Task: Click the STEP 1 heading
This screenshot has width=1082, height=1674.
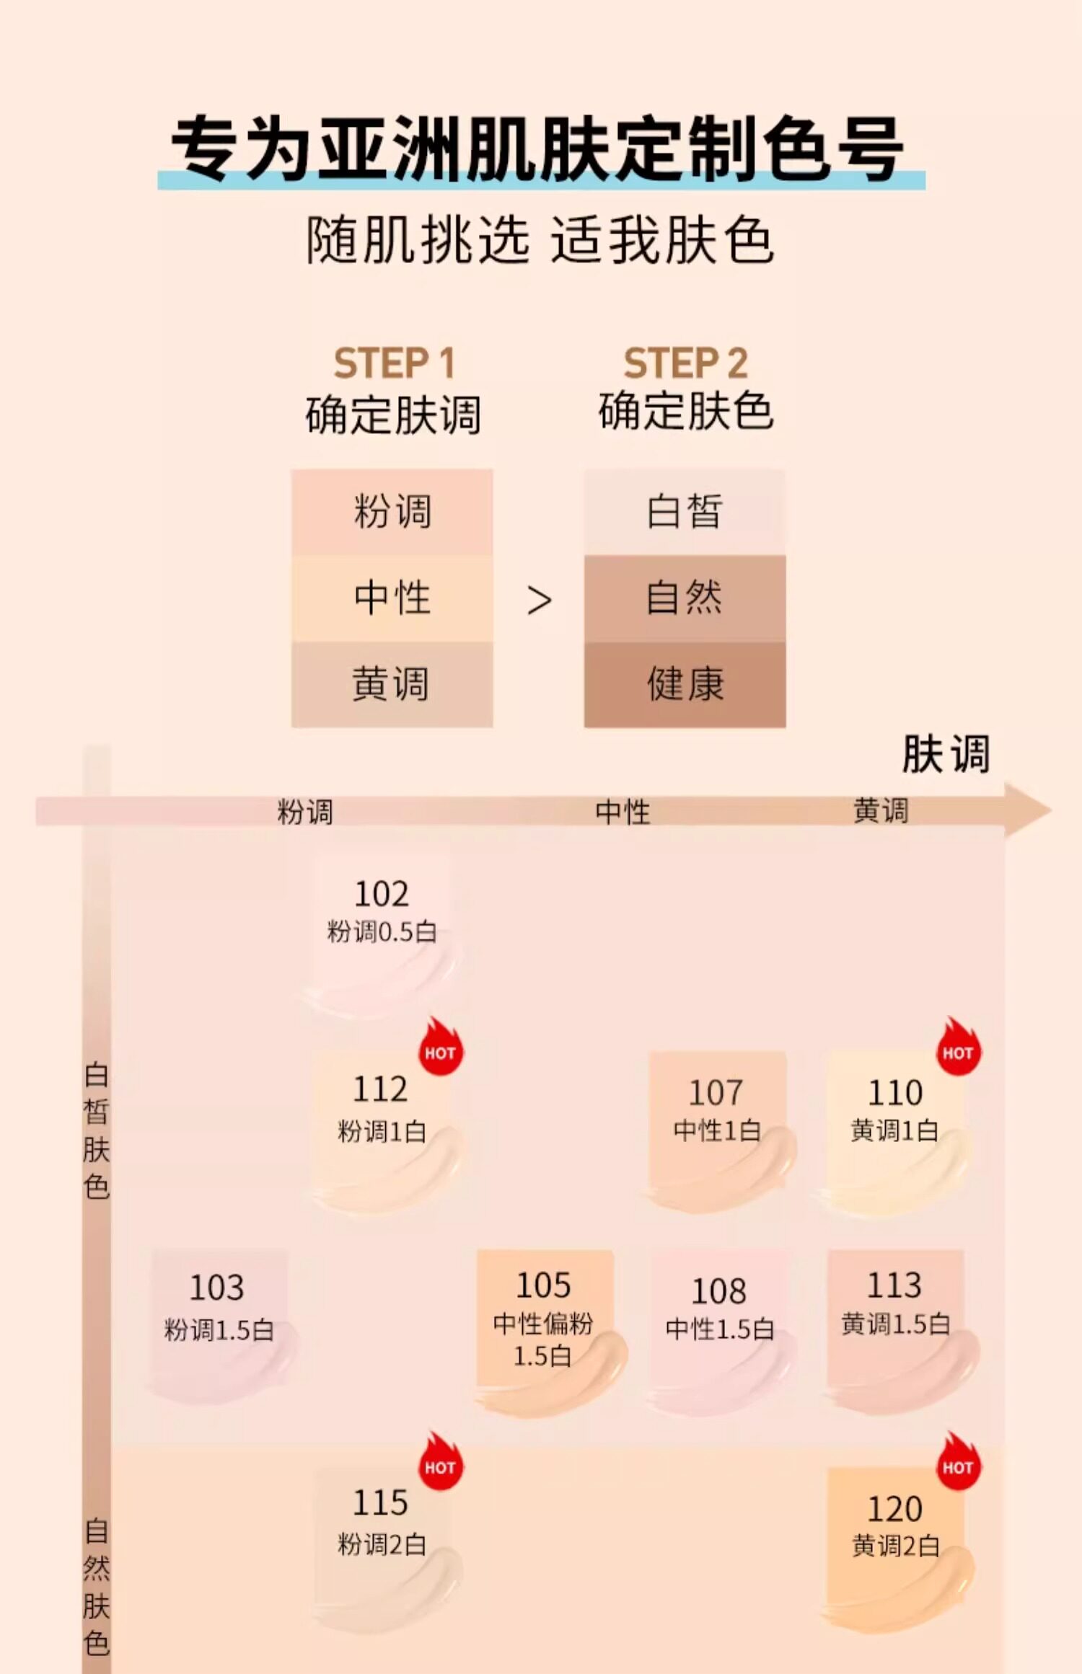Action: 394,363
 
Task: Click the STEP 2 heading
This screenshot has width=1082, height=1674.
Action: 685,363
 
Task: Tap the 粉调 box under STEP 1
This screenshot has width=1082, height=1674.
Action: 392,512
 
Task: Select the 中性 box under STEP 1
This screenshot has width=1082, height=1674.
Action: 392,598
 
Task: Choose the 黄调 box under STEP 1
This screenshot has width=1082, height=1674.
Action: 392,684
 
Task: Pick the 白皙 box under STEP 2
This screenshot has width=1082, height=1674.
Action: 685,512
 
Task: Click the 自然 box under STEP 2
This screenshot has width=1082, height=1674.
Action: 685,598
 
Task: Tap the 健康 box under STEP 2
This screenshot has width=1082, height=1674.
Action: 685,684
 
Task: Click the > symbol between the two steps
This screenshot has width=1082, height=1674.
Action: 539,601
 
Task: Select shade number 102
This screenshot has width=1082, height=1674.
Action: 382,894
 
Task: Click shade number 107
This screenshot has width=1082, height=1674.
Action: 716,1093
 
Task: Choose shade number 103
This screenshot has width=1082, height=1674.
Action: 216,1288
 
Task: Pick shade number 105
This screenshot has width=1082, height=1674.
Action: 543,1285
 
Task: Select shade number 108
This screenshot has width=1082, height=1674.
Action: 719,1291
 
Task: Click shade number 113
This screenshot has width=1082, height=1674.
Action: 894,1285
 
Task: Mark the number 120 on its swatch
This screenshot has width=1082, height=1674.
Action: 894,1509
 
